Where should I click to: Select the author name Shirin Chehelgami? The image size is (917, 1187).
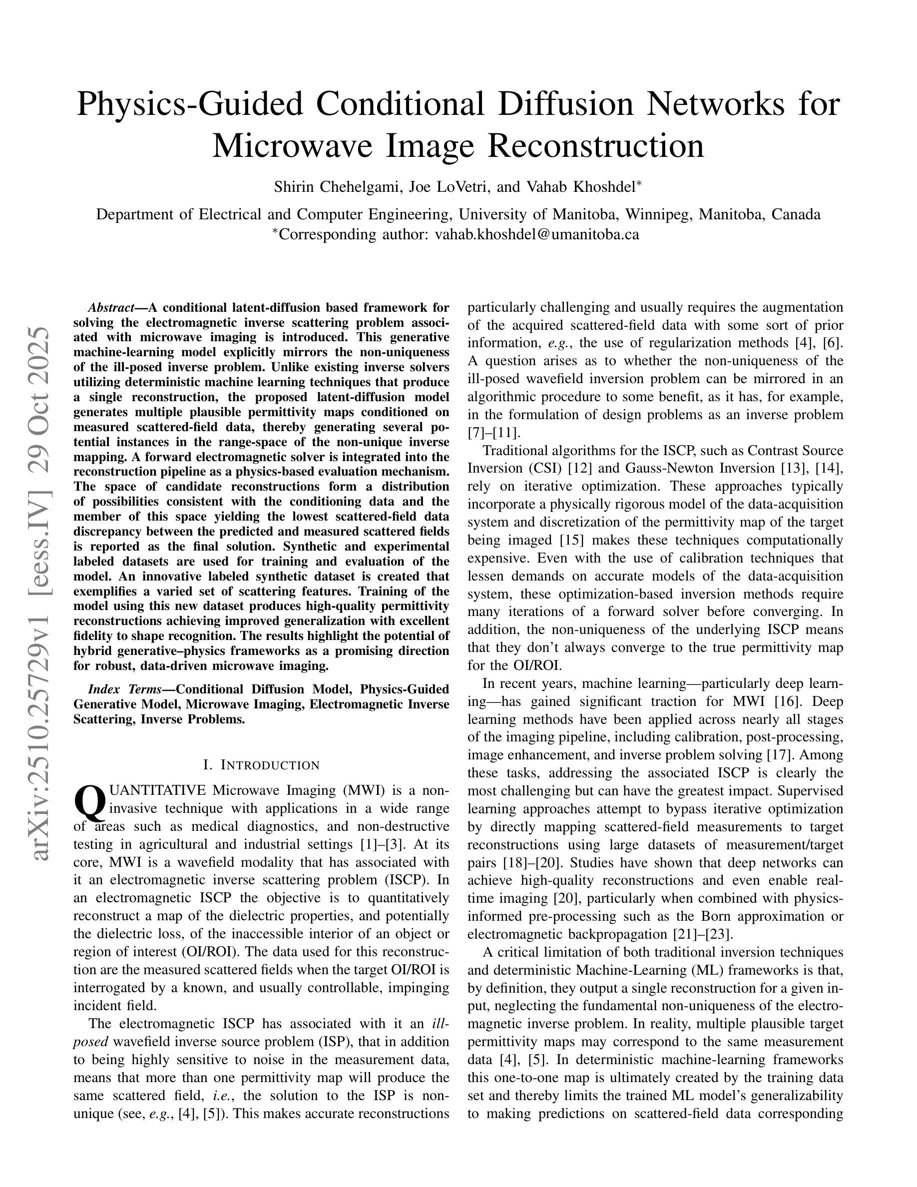coord(337,187)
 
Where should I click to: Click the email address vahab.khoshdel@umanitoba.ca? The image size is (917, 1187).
coord(537,234)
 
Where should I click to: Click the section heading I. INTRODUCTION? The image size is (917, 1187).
coord(261,765)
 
